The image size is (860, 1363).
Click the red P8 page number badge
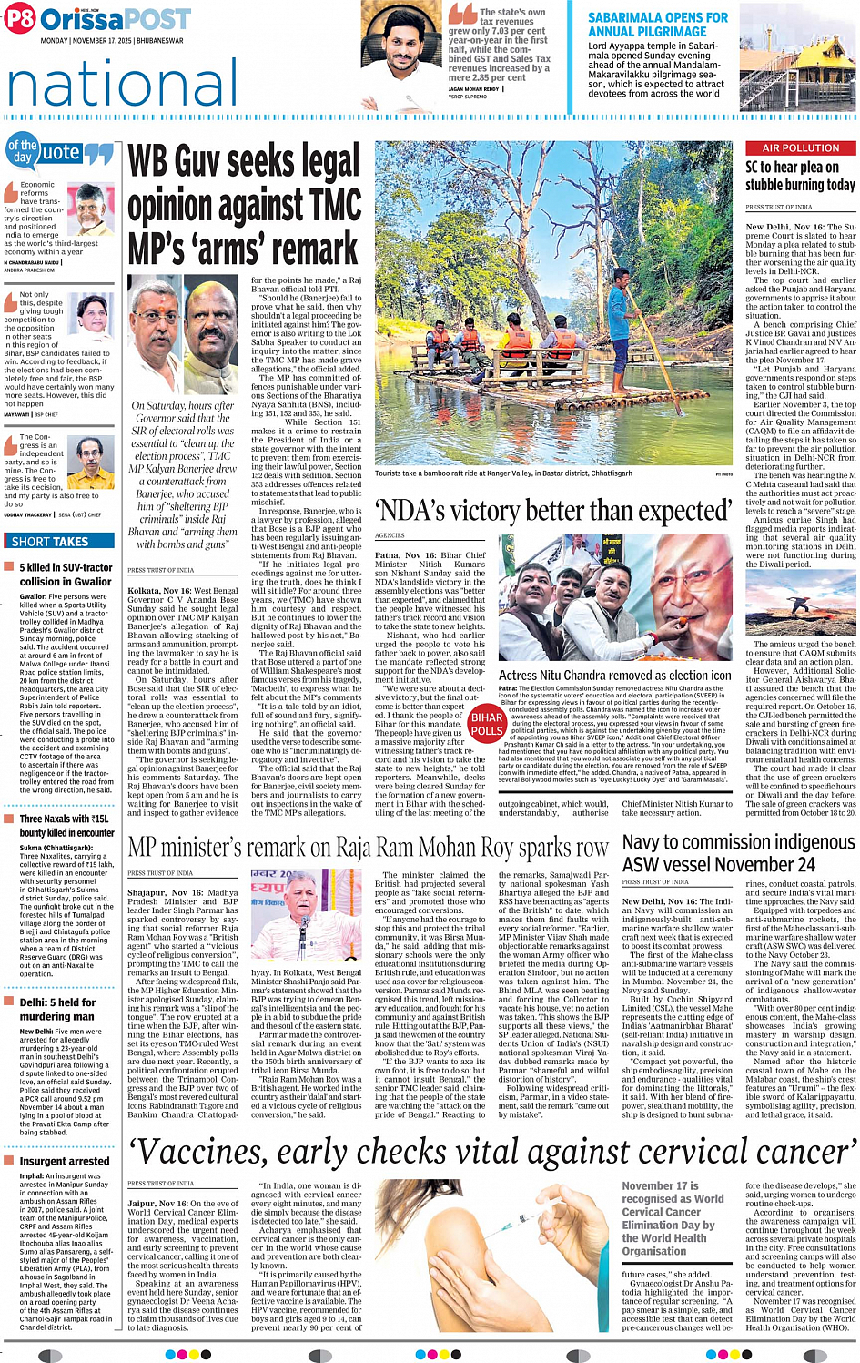pos(19,19)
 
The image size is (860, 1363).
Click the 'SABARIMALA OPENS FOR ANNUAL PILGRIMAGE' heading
pos(657,25)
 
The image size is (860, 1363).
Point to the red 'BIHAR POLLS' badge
pos(487,724)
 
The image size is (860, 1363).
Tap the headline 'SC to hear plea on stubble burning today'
pos(800,176)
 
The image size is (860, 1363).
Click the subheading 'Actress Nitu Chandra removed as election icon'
pos(614,676)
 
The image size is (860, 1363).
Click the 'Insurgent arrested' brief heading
pos(65,1161)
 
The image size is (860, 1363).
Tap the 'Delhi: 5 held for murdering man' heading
pos(57,1009)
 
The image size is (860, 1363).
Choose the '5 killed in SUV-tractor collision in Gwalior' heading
pos(66,574)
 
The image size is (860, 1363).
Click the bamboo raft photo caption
pos(503,473)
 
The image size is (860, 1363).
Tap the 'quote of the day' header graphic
pos(60,152)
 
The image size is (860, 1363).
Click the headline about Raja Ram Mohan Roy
pos(368,848)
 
